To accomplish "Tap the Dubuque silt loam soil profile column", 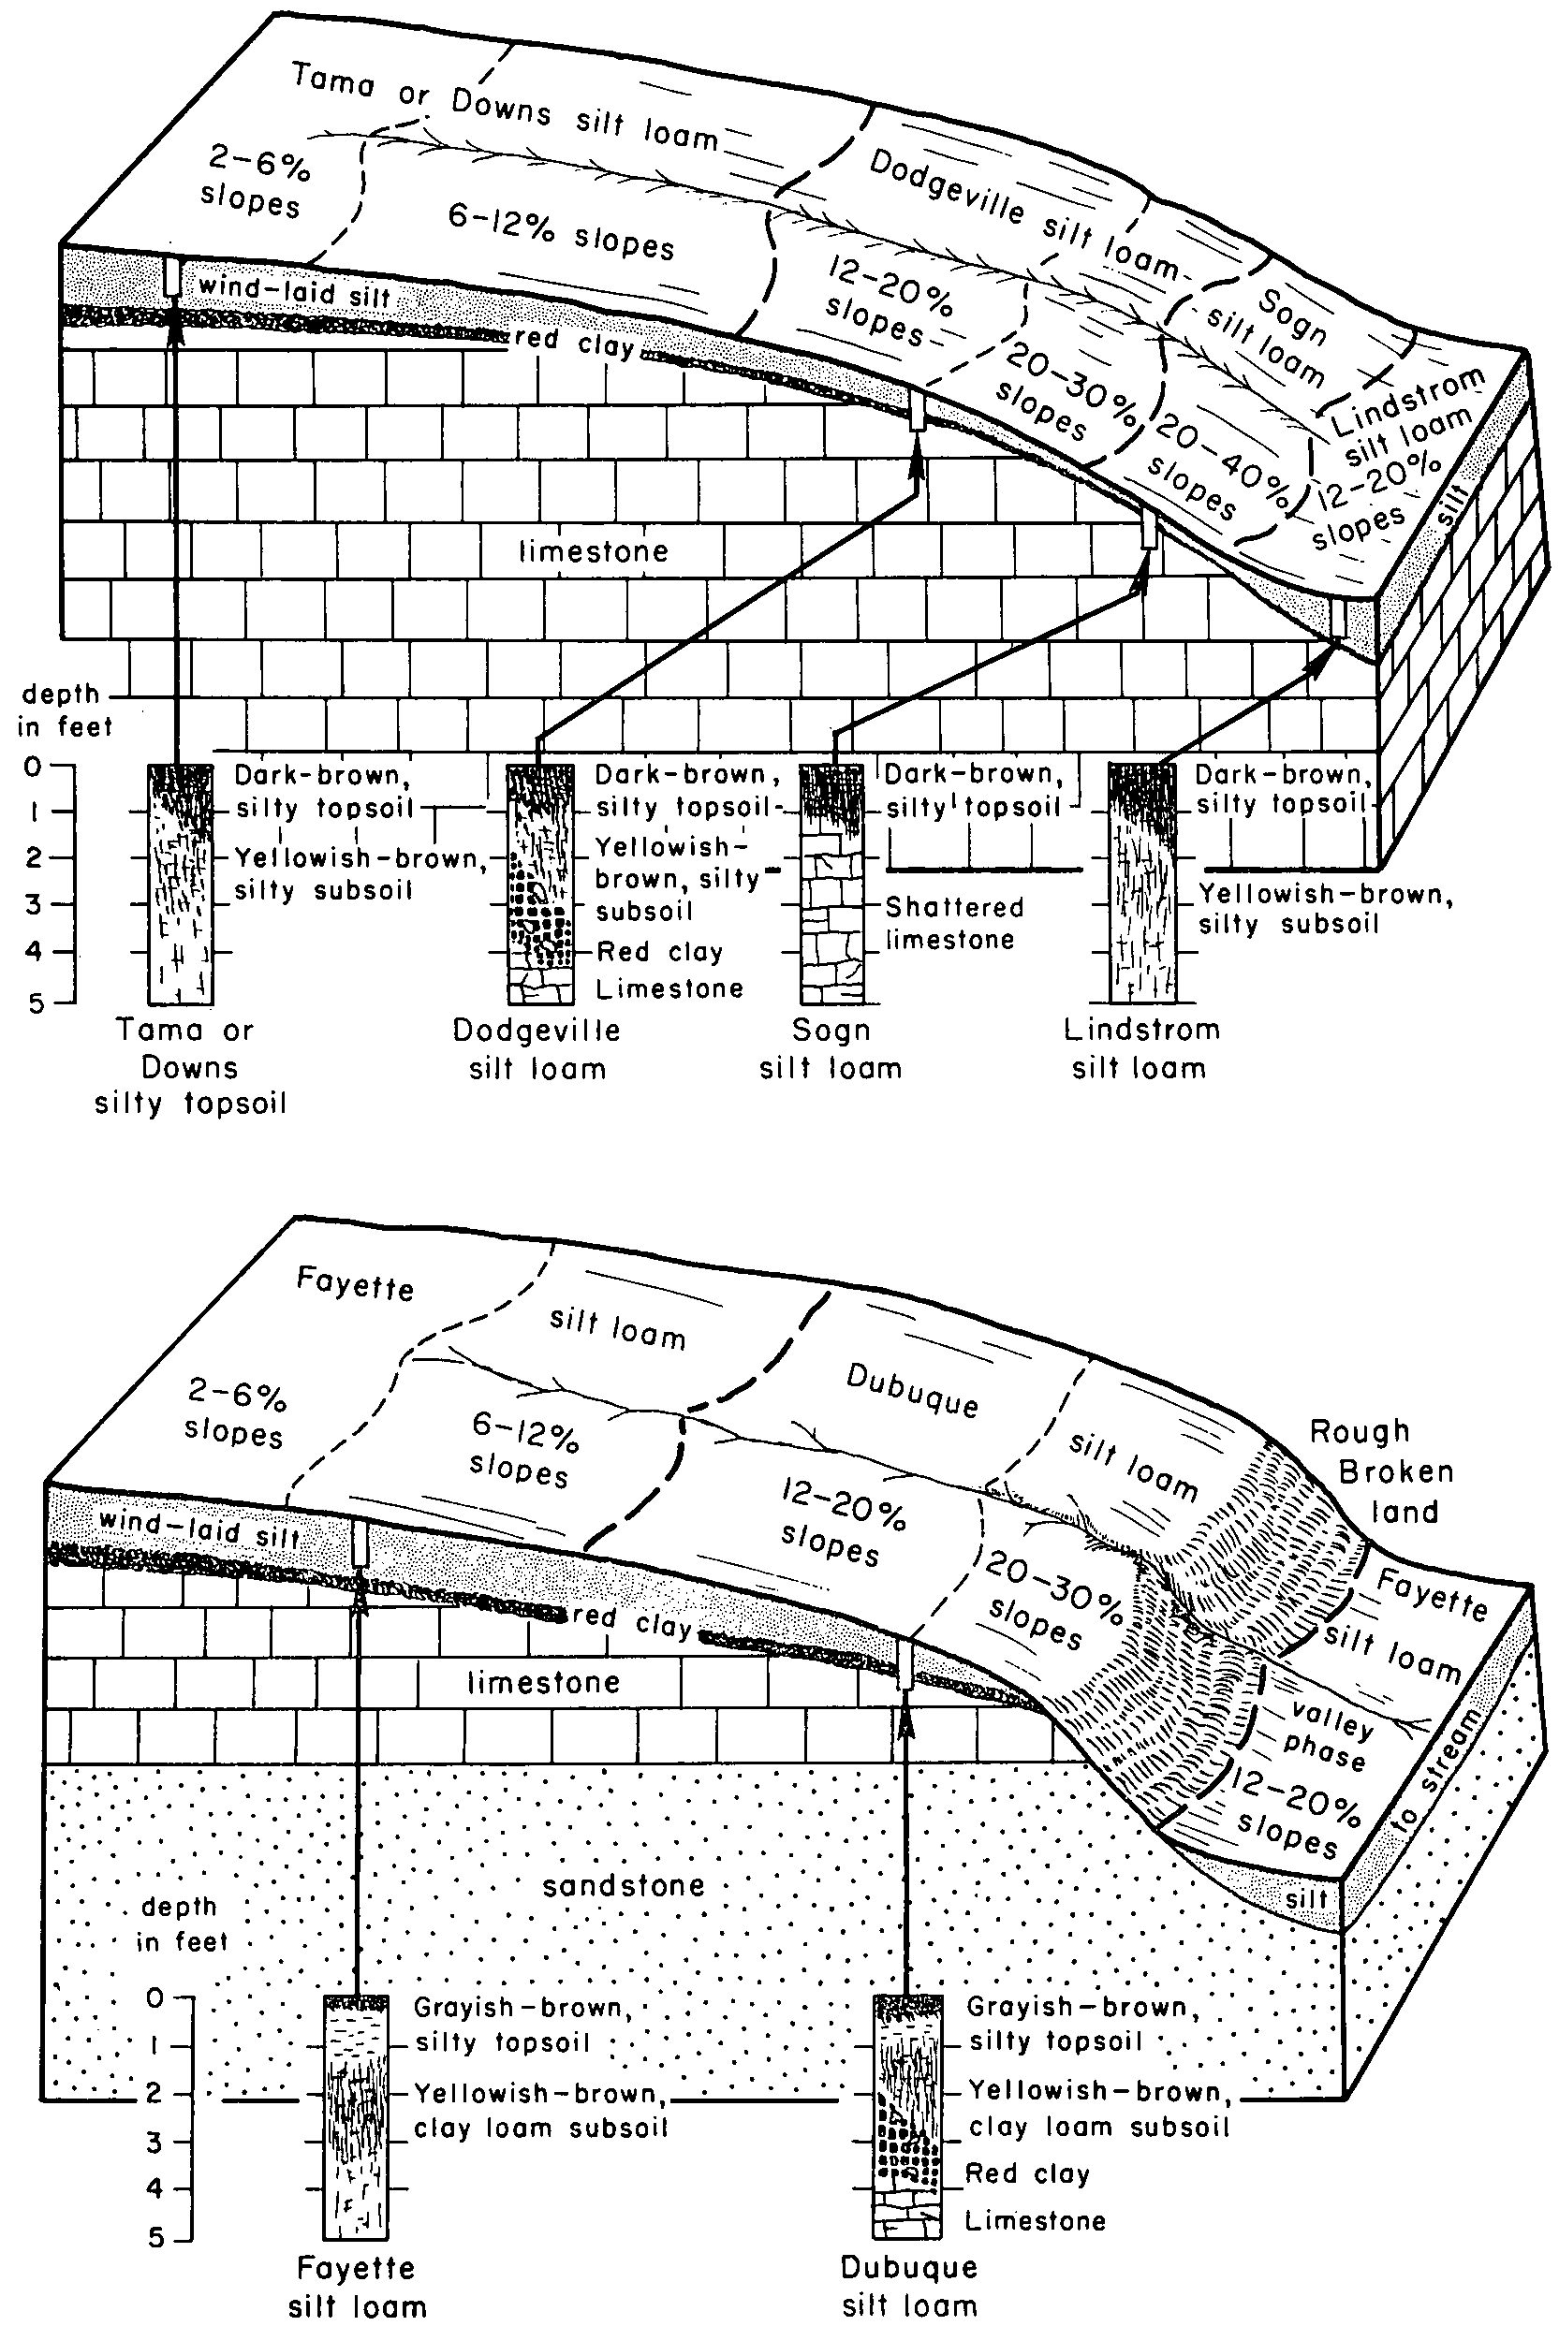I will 905,2115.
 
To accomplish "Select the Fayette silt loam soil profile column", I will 355,2115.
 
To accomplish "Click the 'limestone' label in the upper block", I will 594,551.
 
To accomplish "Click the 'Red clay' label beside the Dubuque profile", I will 1027,2174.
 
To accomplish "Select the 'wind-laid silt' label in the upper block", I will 294,292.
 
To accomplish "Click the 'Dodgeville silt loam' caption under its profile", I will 537,1048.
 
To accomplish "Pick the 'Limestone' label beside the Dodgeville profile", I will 669,989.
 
